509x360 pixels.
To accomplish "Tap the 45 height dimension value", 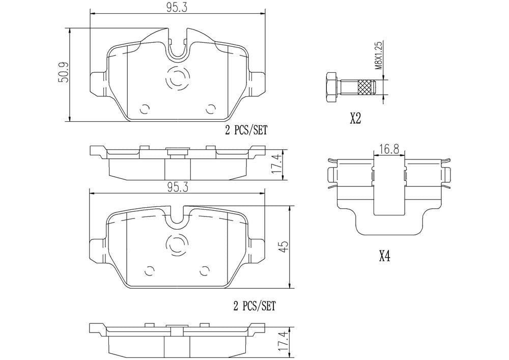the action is click(284, 247).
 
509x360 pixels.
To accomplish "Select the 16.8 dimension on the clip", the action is click(389, 149).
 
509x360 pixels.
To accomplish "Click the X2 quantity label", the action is click(355, 119).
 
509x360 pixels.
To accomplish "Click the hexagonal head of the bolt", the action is click(331, 87).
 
